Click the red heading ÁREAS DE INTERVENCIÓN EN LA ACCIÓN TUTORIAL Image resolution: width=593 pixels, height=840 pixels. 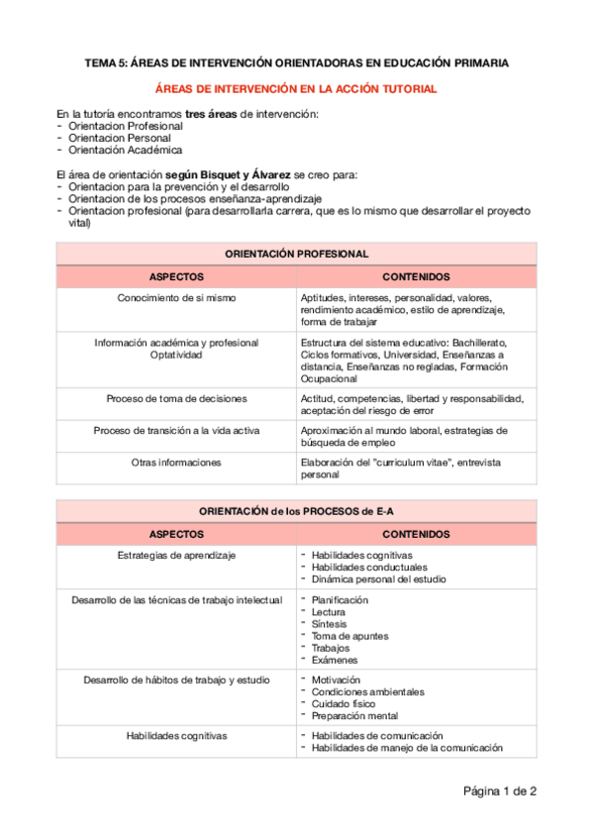click(x=297, y=89)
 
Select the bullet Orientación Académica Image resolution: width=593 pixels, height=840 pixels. click(x=125, y=151)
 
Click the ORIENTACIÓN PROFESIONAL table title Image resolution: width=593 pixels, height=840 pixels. click(x=297, y=255)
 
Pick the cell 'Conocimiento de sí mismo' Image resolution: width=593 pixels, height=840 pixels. click(x=176, y=297)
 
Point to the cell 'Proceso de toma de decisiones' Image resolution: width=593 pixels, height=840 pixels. click(x=176, y=398)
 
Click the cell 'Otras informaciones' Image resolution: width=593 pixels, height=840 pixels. click(x=176, y=463)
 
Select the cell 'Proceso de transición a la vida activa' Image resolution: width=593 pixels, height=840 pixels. click(x=176, y=431)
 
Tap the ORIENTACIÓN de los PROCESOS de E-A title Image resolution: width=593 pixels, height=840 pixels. click(x=297, y=511)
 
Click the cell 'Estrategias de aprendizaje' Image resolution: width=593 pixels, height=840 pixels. click(x=176, y=556)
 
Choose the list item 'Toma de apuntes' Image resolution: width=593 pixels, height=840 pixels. click(x=349, y=636)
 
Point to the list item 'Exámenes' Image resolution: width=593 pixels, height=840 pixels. click(x=334, y=660)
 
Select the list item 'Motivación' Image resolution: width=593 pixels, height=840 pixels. click(x=336, y=680)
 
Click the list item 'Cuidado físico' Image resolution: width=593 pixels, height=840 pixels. click(x=343, y=703)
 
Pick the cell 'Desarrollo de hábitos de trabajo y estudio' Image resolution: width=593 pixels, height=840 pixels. click(x=176, y=680)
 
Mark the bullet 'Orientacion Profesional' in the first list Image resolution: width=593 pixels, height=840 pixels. click(x=126, y=127)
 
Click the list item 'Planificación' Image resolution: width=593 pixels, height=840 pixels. click(x=340, y=600)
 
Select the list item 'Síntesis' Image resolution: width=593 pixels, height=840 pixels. click(x=329, y=624)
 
